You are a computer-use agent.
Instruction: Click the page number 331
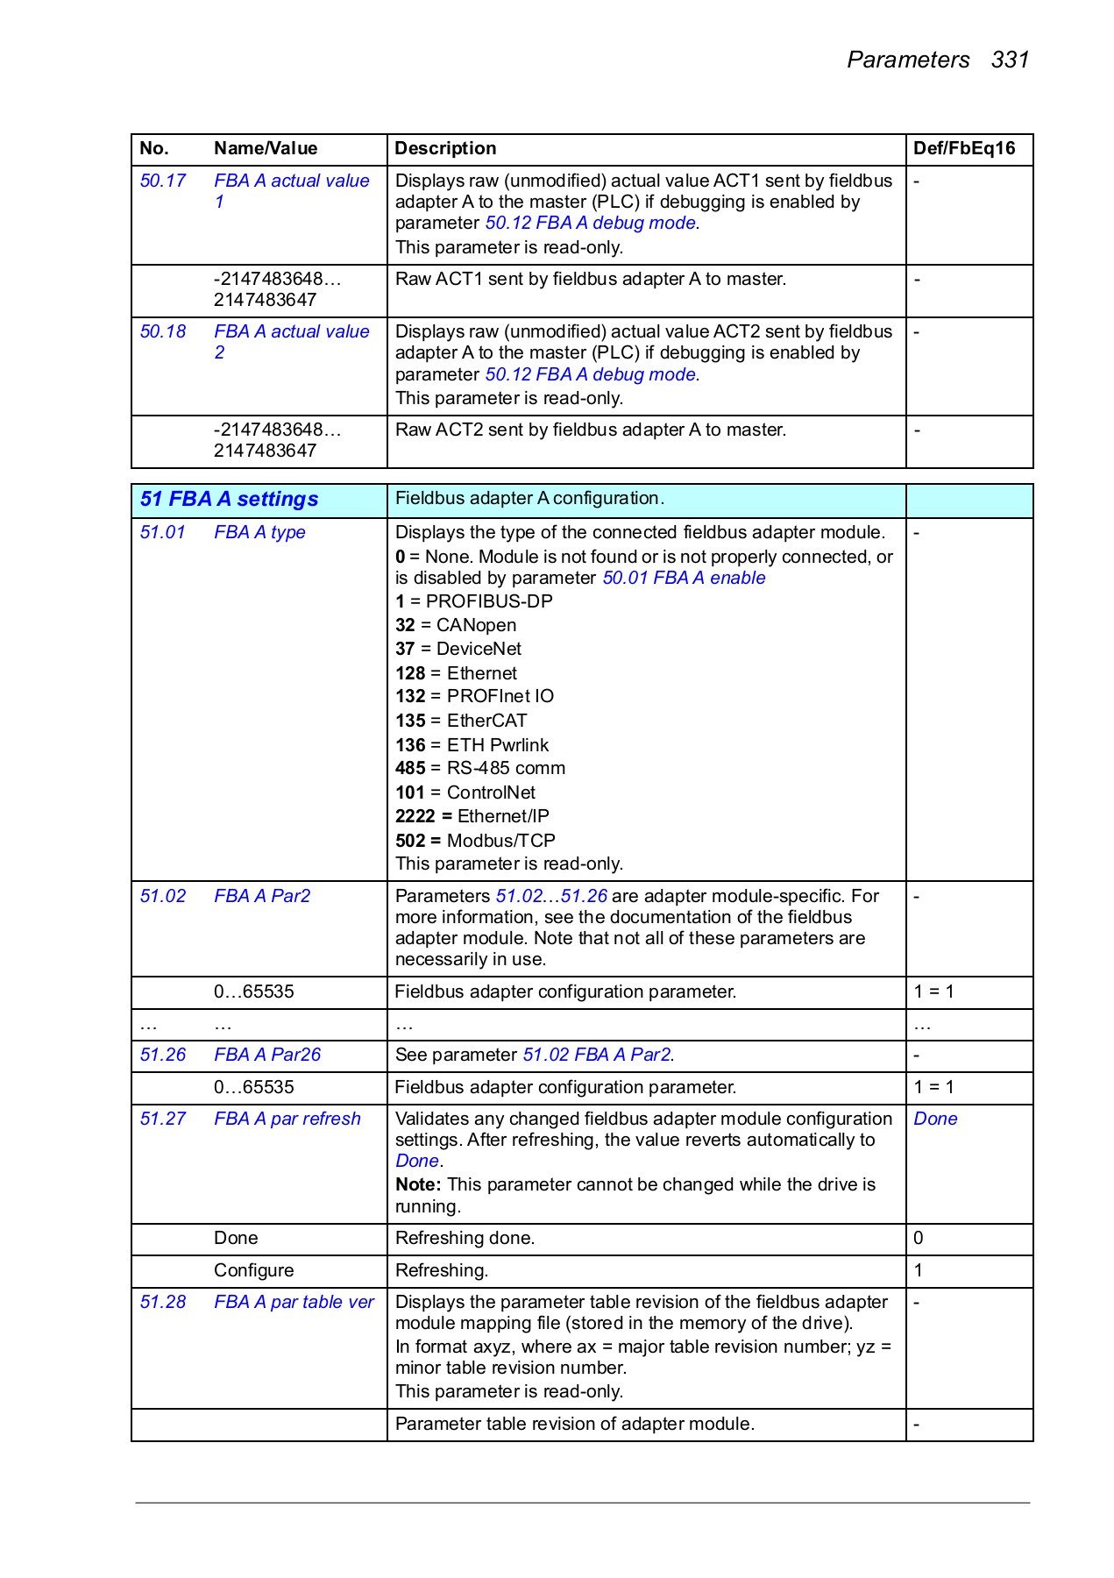tap(1010, 60)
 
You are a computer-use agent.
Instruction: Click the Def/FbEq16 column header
tap(963, 148)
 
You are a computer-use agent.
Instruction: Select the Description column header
tap(444, 148)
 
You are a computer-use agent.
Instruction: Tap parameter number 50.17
tap(163, 181)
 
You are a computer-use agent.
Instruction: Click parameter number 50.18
tap(163, 331)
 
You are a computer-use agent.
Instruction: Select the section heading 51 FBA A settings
tap(229, 499)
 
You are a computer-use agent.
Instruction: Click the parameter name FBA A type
tap(259, 532)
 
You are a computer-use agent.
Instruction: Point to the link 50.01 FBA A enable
tap(684, 578)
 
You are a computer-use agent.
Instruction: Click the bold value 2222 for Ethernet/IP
tap(415, 816)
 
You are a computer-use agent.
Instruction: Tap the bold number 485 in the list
tap(409, 768)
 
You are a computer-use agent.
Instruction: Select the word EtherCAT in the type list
tap(486, 721)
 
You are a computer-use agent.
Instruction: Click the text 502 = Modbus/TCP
tap(475, 840)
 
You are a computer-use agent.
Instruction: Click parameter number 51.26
tap(163, 1055)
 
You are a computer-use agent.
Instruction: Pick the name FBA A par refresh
tap(287, 1119)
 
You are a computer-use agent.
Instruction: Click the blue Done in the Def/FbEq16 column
tap(934, 1119)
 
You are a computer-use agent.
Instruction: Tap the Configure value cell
tap(253, 1270)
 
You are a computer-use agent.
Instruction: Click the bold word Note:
tap(417, 1184)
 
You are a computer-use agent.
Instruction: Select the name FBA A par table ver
tap(294, 1302)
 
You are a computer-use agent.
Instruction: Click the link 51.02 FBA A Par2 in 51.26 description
tap(597, 1055)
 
